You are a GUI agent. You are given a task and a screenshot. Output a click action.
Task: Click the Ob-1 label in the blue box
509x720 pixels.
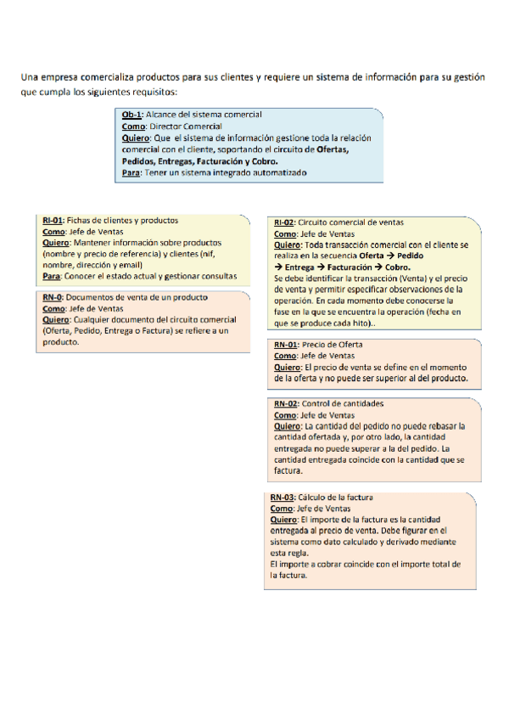132,115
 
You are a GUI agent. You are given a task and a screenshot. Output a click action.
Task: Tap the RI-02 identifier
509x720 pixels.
284,222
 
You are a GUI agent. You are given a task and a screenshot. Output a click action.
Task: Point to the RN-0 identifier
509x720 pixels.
53,298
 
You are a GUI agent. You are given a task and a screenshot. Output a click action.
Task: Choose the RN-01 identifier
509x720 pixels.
286,345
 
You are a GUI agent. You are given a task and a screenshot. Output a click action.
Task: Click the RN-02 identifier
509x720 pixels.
286,403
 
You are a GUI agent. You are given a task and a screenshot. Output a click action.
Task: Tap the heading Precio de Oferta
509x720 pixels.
333,345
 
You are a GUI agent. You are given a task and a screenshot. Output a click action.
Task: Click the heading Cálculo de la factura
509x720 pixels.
337,498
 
